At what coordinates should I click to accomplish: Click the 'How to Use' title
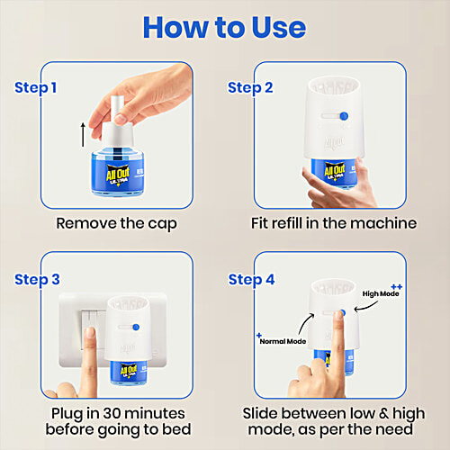point(224,27)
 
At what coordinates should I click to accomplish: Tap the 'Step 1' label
point(36,87)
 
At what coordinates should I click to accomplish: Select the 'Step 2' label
point(250,87)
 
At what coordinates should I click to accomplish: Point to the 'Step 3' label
point(36,279)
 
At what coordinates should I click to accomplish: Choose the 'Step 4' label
point(250,279)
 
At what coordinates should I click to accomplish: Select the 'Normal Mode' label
point(283,342)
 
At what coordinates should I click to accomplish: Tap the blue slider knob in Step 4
point(344,314)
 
